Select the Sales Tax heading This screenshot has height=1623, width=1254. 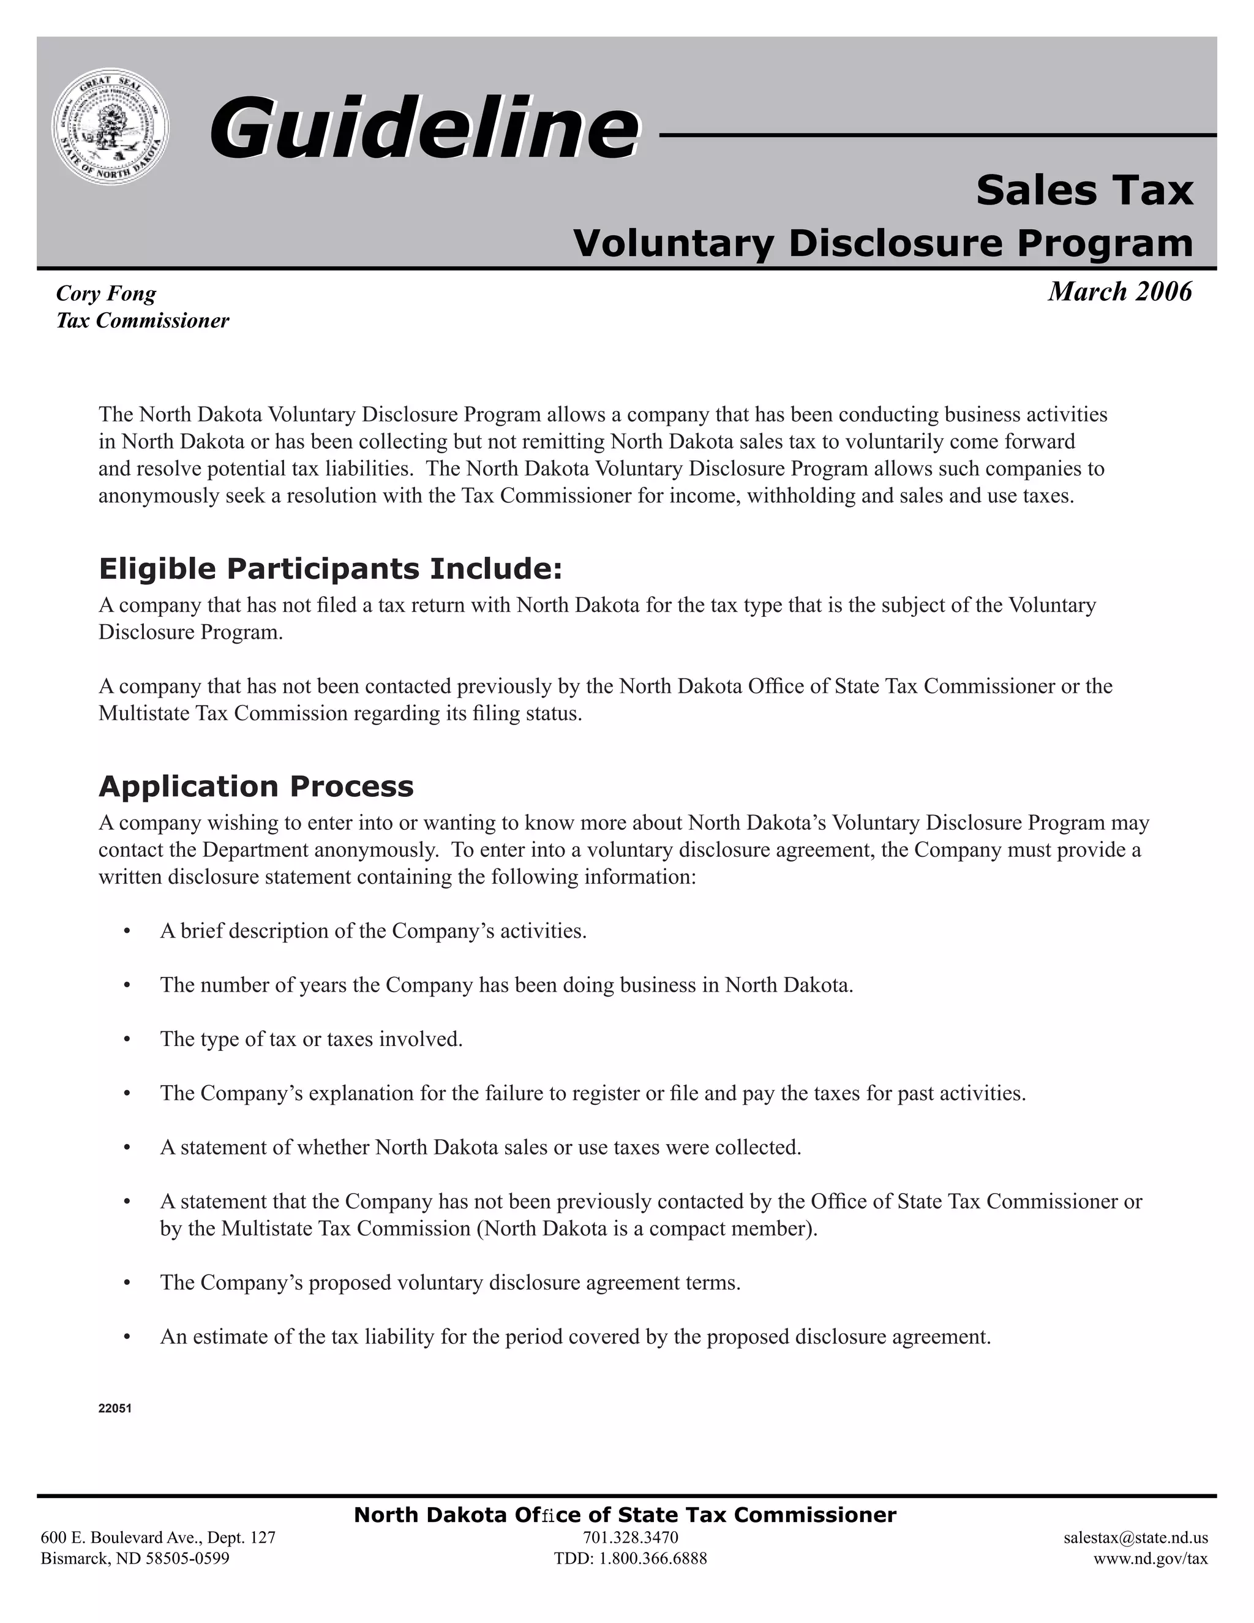(1084, 190)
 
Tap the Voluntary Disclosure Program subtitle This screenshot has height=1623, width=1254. (882, 243)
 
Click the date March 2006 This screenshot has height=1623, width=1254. (1119, 292)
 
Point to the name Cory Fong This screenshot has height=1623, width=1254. (106, 293)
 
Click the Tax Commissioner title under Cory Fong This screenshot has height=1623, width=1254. (143, 321)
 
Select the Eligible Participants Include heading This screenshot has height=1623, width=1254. (331, 568)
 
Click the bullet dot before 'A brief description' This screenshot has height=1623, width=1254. (128, 931)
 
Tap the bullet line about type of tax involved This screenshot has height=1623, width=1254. (311, 1039)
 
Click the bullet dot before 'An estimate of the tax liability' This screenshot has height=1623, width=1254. (128, 1338)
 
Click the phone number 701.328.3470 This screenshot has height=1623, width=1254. (630, 1537)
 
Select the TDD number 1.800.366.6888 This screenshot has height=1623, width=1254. (630, 1558)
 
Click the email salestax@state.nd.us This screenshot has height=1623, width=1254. (1135, 1537)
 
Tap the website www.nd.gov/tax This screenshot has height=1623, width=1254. (1150, 1558)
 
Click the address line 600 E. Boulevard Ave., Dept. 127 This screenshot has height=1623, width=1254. (158, 1537)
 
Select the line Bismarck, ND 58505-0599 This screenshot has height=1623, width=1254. (135, 1558)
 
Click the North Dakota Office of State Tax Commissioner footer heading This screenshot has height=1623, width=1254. (625, 1515)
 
